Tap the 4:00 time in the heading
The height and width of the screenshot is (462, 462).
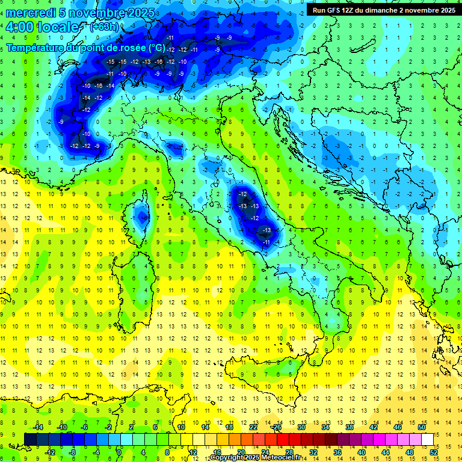[x=20, y=27]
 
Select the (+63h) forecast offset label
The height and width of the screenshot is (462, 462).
[x=104, y=26]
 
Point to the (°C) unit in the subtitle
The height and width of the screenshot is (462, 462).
[x=156, y=47]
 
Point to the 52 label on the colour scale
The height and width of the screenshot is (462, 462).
[x=434, y=452]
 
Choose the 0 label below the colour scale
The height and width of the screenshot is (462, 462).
[x=119, y=452]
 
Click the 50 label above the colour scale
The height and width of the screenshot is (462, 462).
[x=422, y=427]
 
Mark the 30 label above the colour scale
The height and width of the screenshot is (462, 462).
[x=301, y=427]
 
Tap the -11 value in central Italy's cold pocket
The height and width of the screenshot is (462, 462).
[x=266, y=242]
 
